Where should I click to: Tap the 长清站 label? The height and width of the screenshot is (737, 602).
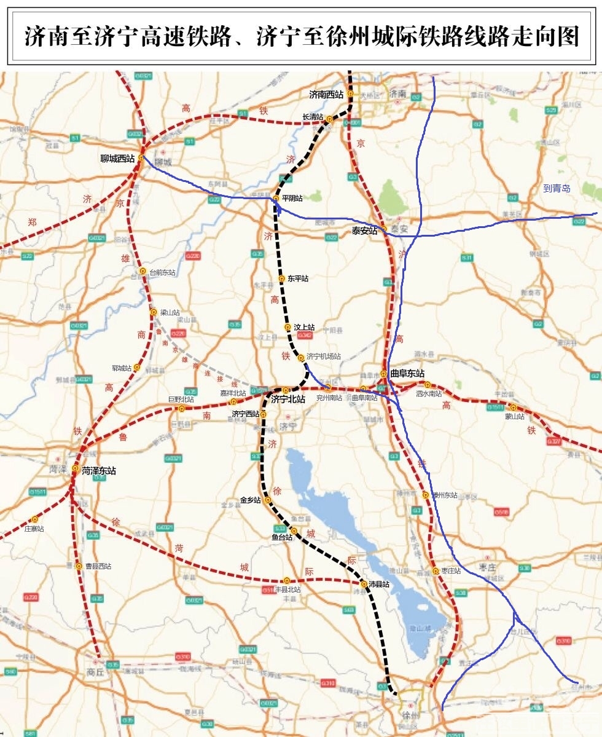pos(313,117)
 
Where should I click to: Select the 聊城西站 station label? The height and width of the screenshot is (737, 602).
pos(117,158)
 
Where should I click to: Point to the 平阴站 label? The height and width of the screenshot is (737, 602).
pos(292,199)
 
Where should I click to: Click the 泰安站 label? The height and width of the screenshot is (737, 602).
pos(364,231)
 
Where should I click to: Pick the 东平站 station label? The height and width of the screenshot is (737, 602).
pos(298,278)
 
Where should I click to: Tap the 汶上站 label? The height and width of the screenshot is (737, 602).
pos(305,328)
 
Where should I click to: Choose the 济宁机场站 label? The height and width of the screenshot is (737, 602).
pos(324,357)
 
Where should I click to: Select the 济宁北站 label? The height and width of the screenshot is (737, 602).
pos(288,400)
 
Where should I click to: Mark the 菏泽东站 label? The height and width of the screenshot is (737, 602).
pos(98,471)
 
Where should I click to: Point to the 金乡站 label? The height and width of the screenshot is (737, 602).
pos(251,500)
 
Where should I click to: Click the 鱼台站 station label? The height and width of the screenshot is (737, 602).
pos(282,537)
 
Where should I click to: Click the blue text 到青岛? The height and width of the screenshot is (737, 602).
pos(557,189)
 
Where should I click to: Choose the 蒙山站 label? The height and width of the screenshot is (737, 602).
pos(514,416)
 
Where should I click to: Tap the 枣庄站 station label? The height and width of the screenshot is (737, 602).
pos(450,571)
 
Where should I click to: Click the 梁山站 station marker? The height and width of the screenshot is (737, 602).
pos(154,312)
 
